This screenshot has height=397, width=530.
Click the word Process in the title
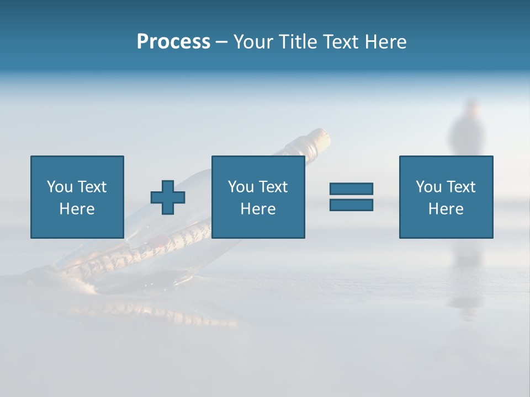tap(173, 42)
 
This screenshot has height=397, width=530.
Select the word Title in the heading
tap(298, 42)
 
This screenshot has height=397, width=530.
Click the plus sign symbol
tap(168, 197)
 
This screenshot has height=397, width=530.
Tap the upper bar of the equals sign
tap(351, 189)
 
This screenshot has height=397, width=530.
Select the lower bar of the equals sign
tap(351, 205)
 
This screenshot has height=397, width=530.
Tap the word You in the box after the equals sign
tap(428, 187)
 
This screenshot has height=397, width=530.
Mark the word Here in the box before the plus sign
tap(77, 209)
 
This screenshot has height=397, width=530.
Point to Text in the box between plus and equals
tap(273, 187)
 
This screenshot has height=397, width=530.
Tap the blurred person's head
tap(470, 108)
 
